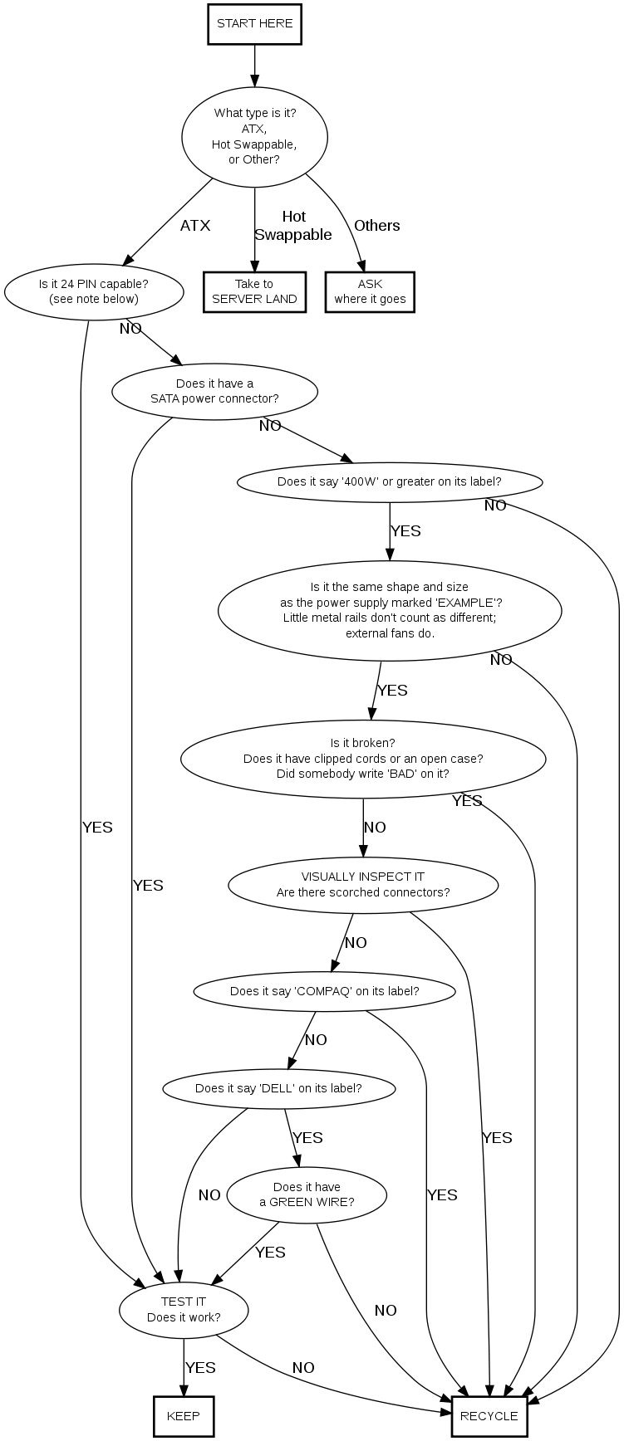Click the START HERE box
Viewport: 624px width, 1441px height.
(x=254, y=24)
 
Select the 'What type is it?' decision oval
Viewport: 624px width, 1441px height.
(x=254, y=136)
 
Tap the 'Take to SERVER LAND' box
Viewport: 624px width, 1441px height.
(x=254, y=291)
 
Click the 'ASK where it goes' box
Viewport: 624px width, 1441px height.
(x=370, y=291)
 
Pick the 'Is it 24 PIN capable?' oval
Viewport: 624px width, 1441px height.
(x=94, y=291)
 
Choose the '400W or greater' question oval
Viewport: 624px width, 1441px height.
(x=390, y=481)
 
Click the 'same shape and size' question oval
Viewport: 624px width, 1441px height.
(x=390, y=610)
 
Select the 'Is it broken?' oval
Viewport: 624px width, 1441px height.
(x=363, y=759)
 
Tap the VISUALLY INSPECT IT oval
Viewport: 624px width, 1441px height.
(x=363, y=885)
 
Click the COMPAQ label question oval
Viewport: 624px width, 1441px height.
(x=324, y=991)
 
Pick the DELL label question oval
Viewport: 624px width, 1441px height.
(x=278, y=1088)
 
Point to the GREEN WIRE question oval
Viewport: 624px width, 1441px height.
(x=307, y=1194)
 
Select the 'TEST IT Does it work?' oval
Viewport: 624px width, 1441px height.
(x=184, y=1310)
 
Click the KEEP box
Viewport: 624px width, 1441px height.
(x=184, y=1416)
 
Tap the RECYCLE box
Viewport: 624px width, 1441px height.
(x=489, y=1416)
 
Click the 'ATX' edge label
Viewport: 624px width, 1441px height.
(x=195, y=226)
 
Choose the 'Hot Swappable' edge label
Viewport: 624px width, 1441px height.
(x=293, y=226)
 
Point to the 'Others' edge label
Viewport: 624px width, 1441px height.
(x=377, y=226)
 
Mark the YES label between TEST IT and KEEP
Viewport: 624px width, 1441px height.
(x=200, y=1367)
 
